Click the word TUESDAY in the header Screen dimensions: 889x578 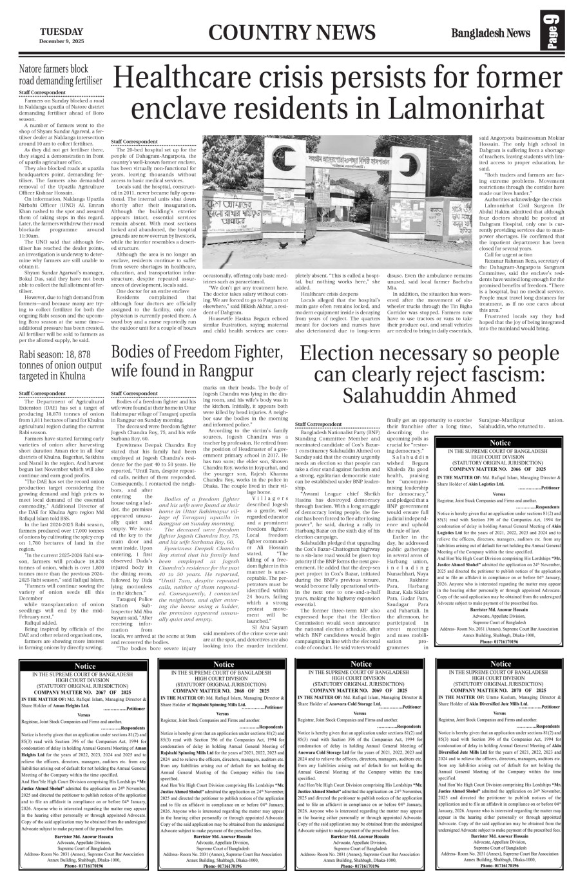(61, 32)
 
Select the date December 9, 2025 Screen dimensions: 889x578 (61, 41)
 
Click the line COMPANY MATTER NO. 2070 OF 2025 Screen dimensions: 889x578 (500, 690)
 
